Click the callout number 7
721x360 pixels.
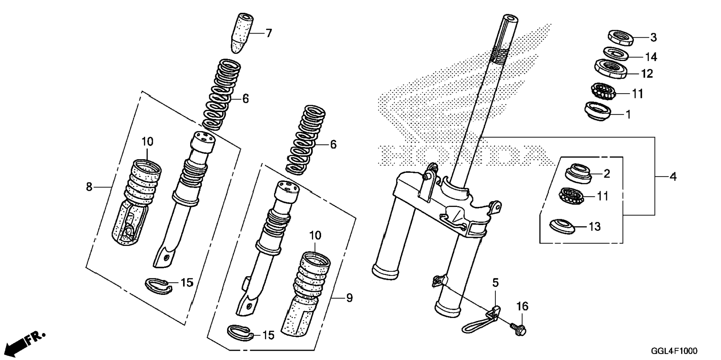(x=268, y=33)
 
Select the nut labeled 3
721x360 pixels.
(x=621, y=37)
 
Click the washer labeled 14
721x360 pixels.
(x=615, y=53)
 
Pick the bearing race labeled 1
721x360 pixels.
(x=598, y=111)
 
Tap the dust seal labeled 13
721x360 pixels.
(x=562, y=226)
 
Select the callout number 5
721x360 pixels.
(x=495, y=283)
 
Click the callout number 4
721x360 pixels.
(x=673, y=176)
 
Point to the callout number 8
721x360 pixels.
(x=89, y=186)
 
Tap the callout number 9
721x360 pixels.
(x=349, y=298)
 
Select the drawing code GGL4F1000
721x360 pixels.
(x=674, y=351)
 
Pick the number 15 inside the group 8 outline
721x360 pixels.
(x=187, y=282)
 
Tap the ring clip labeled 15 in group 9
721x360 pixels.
(x=240, y=333)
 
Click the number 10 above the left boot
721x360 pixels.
(x=147, y=142)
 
